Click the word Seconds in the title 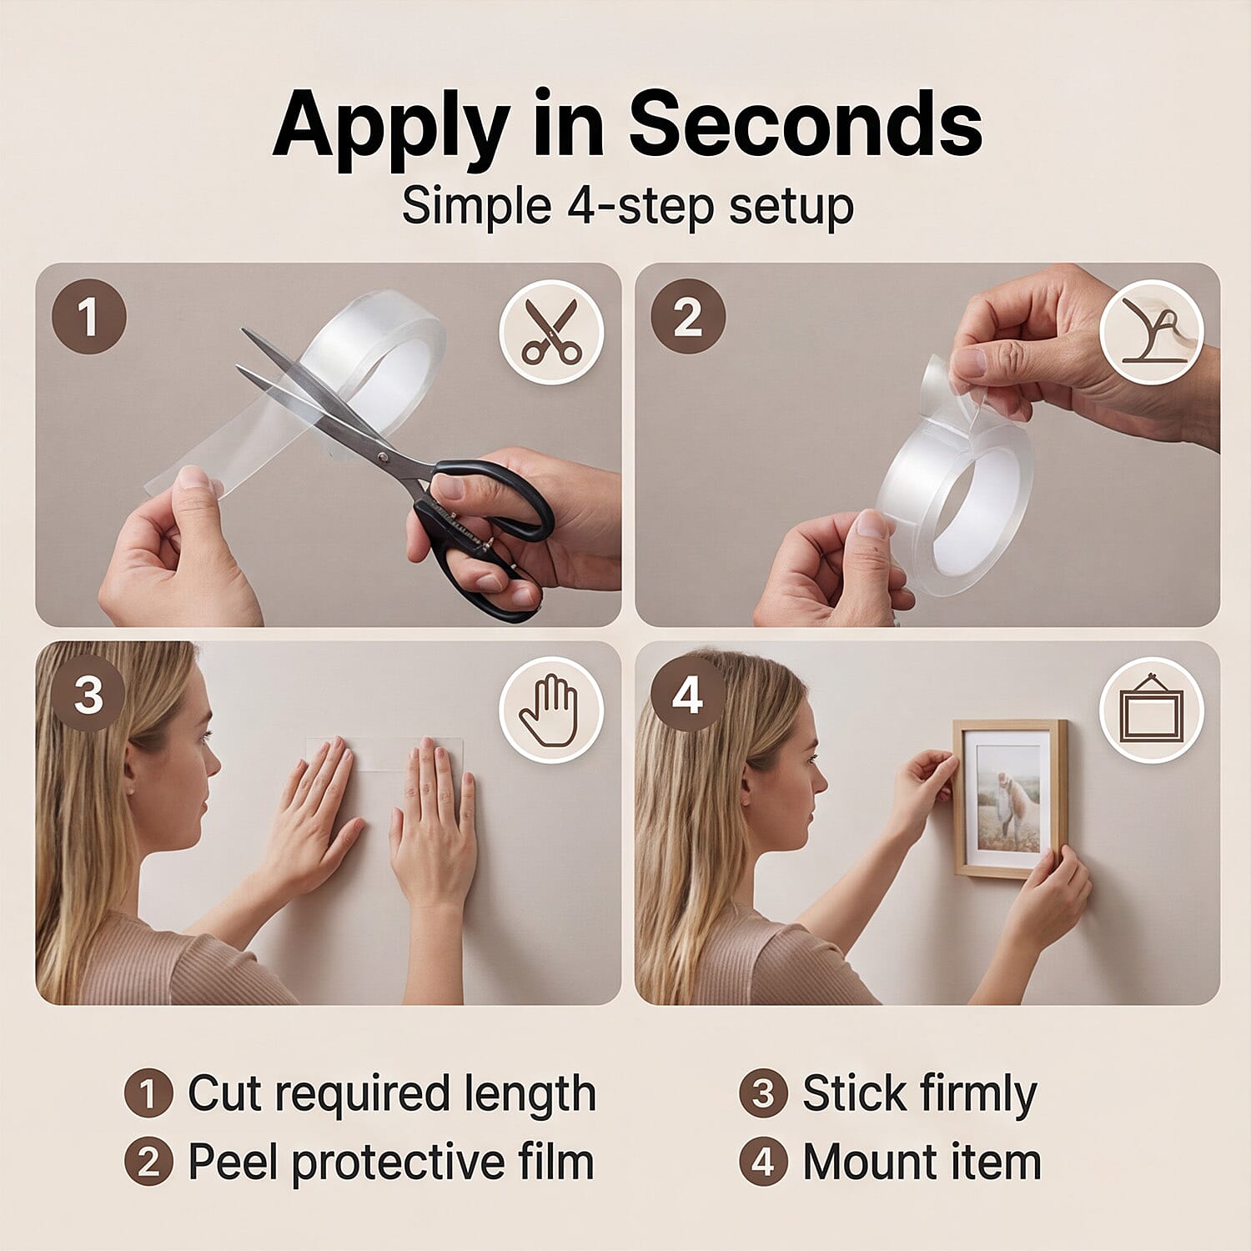click(x=805, y=125)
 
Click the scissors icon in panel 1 click(x=550, y=331)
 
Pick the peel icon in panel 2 click(x=1151, y=331)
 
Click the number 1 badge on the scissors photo click(x=89, y=317)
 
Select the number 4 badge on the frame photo click(x=687, y=695)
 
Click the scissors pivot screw click(x=382, y=458)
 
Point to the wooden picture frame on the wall click(x=1010, y=798)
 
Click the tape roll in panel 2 click(x=955, y=492)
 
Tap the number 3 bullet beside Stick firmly click(x=763, y=1093)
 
